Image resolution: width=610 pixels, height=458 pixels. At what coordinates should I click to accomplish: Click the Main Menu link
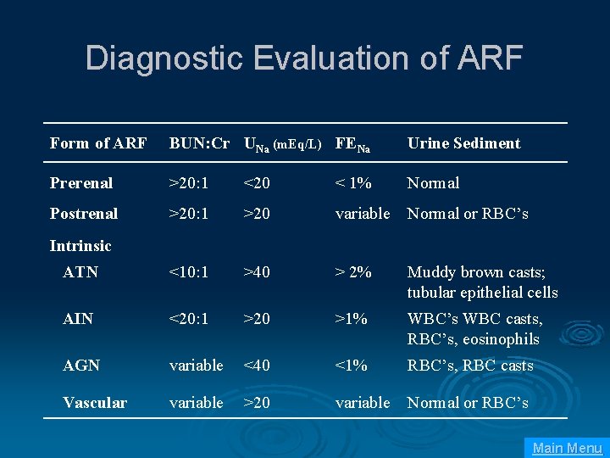[x=567, y=448]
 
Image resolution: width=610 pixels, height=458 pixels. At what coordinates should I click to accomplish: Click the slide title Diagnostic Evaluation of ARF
[x=304, y=59]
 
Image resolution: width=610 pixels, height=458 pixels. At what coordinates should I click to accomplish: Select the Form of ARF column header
[x=98, y=143]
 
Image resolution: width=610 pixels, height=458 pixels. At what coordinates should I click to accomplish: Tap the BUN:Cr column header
[x=199, y=143]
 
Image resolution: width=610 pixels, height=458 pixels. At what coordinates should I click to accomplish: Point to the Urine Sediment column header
[x=463, y=143]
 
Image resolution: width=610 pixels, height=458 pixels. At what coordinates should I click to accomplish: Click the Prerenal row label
[x=81, y=183]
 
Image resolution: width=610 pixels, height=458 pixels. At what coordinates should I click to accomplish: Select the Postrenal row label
[x=84, y=214]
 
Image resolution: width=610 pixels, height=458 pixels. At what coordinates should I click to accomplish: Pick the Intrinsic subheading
[x=80, y=246]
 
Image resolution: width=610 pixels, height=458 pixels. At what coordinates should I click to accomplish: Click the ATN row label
[x=80, y=272]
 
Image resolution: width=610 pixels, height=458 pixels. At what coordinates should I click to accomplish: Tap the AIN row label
[x=79, y=319]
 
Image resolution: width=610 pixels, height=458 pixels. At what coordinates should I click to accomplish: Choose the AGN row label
[x=81, y=366]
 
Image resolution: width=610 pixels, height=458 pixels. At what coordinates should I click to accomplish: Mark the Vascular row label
[x=95, y=403]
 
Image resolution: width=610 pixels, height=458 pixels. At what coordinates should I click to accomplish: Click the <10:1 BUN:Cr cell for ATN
[x=191, y=272]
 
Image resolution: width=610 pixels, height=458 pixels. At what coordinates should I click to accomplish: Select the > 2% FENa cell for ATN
[x=353, y=272]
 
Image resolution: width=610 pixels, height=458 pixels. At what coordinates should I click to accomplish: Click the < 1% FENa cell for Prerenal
[x=353, y=183]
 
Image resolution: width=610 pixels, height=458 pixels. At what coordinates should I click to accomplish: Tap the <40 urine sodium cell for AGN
[x=257, y=366]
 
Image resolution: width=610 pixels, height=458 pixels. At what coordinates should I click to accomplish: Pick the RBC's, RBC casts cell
[x=470, y=366]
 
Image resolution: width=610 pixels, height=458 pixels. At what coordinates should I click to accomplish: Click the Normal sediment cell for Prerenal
[x=433, y=183]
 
